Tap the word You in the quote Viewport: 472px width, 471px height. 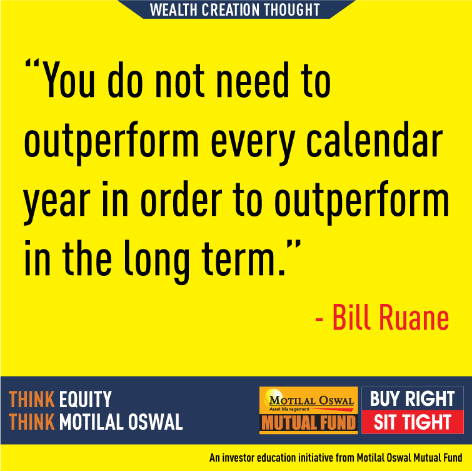click(69, 80)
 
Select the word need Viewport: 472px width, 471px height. click(253, 80)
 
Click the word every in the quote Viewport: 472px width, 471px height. click(253, 144)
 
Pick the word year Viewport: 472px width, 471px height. click(57, 203)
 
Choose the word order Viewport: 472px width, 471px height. click(181, 199)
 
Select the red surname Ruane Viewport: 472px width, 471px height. click(414, 317)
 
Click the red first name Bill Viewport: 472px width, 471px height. click(351, 317)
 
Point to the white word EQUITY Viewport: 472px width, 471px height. click(86, 399)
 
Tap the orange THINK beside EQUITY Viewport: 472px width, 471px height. click(32, 399)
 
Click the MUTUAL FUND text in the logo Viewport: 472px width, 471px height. click(309, 423)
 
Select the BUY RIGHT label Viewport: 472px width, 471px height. click(412, 398)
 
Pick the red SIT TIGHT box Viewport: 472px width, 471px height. click(413, 422)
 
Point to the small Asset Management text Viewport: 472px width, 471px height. click(289, 409)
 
